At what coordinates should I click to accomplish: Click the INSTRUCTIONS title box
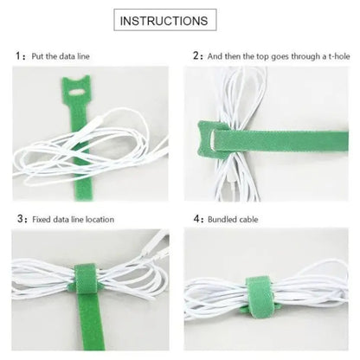[x=165, y=20]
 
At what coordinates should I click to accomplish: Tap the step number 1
[x=18, y=55]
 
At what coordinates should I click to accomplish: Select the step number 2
[x=196, y=55]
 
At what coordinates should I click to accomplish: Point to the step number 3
[x=20, y=219]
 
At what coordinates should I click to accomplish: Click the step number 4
[x=196, y=219]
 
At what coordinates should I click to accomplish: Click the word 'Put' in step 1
[x=37, y=56]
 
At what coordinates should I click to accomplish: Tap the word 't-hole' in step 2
[x=339, y=56]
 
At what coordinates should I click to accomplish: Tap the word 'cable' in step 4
[x=248, y=220]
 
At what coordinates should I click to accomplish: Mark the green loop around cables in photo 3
[x=86, y=279]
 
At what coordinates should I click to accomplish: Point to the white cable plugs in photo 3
[x=155, y=245]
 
